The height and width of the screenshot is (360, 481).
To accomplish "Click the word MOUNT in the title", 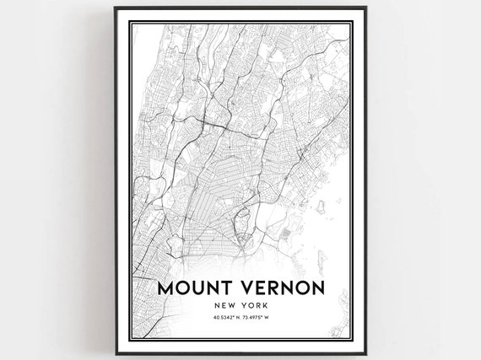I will (x=192, y=288).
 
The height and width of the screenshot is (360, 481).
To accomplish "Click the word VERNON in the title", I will (x=278, y=288).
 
